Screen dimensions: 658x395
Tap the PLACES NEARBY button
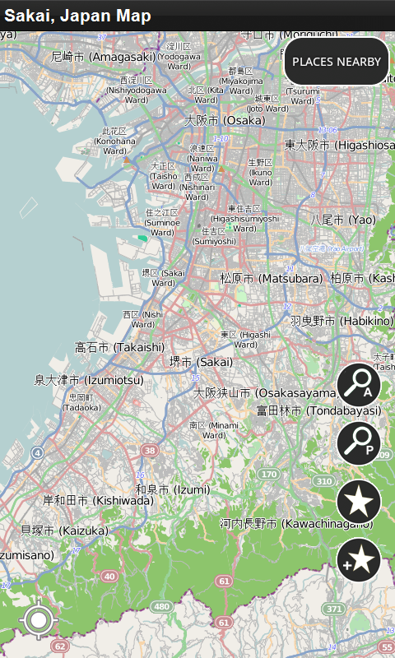337,62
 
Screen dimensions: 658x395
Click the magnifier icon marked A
359,385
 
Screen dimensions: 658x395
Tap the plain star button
359,502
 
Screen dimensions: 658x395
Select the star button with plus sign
359,560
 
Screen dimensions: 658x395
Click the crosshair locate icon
39,621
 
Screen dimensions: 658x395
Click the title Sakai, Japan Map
78,16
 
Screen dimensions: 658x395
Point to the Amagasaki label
103,57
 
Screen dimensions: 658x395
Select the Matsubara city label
271,279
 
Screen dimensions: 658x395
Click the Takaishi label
119,347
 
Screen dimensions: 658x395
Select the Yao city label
342,220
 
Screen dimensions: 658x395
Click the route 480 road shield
160,607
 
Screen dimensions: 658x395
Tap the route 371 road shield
333,608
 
